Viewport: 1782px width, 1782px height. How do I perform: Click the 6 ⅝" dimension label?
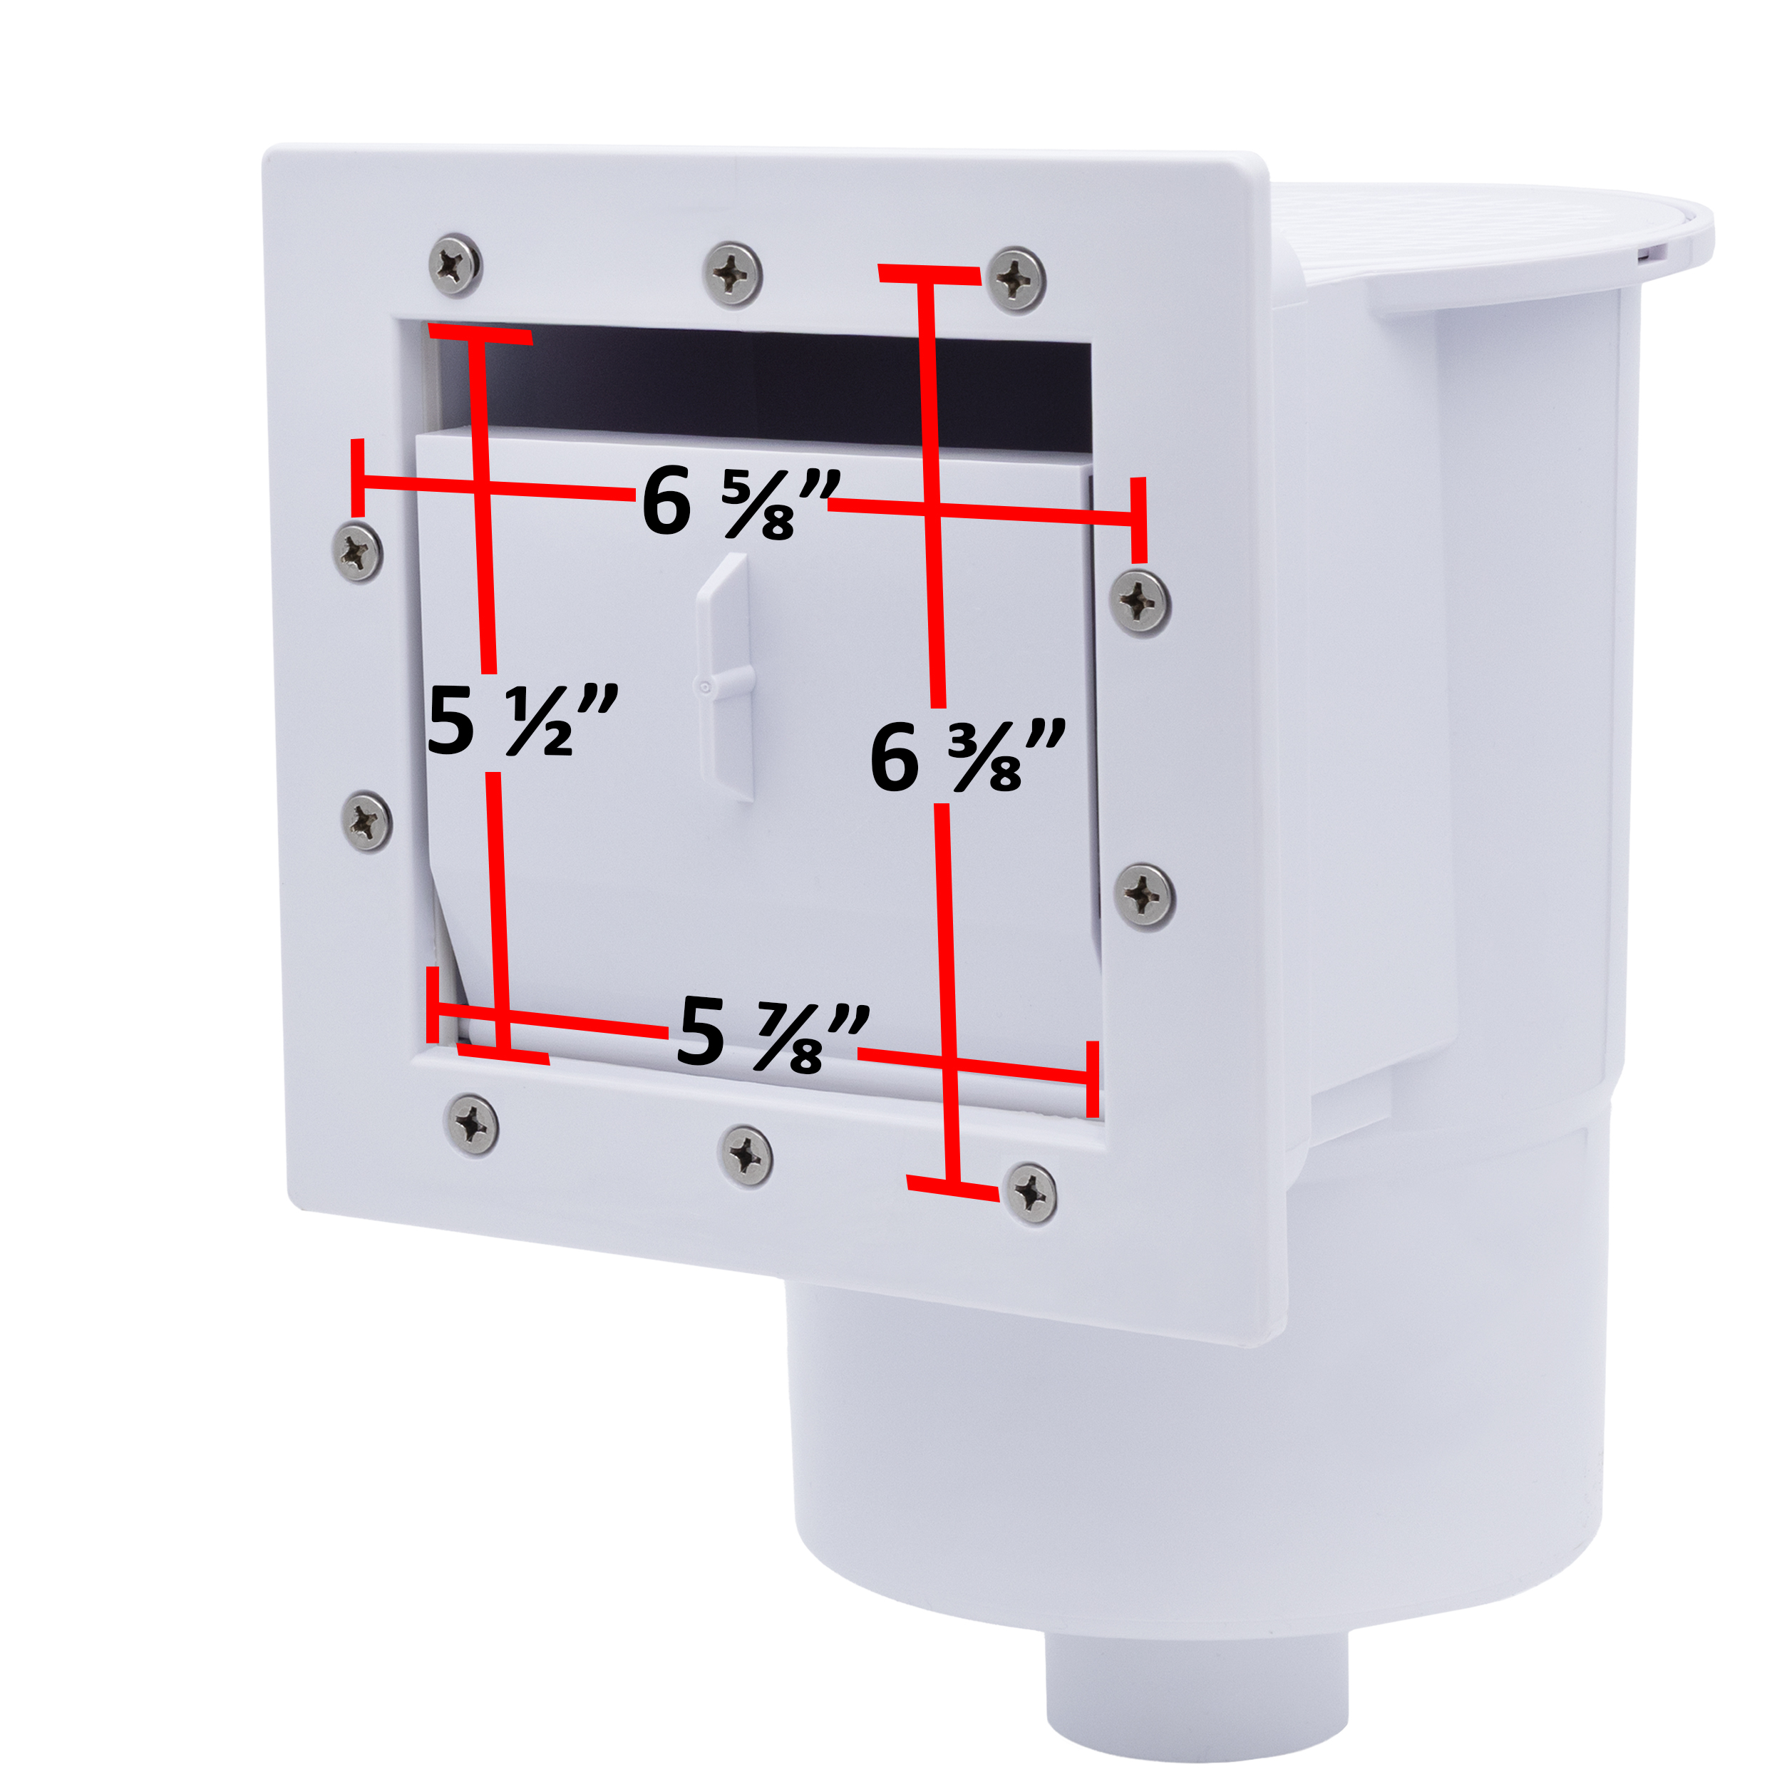[x=741, y=503]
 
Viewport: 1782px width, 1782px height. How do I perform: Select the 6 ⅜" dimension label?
[x=967, y=756]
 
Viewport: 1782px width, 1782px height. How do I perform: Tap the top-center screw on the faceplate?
[x=732, y=274]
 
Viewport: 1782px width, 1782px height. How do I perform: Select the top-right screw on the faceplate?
[x=1016, y=279]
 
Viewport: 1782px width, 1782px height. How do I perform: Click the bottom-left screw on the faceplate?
[x=473, y=1124]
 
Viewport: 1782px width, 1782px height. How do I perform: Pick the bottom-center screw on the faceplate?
[x=746, y=1155]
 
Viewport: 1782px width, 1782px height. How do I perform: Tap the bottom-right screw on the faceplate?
[x=1030, y=1193]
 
